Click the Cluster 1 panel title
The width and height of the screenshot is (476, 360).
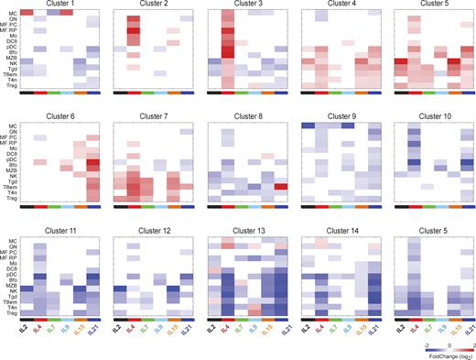(60, 5)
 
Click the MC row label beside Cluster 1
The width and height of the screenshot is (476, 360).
(12, 13)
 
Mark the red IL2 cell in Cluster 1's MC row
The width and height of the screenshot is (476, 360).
(27, 13)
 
